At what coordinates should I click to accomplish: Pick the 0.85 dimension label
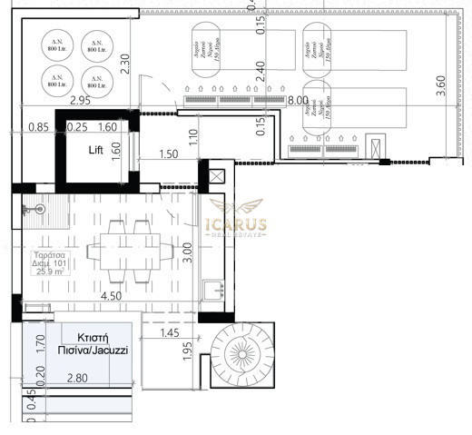click(x=37, y=128)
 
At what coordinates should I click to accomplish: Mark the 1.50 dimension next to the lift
click(x=167, y=154)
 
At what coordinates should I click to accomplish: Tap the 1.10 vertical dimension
click(x=194, y=139)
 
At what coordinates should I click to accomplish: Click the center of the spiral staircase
click(x=241, y=357)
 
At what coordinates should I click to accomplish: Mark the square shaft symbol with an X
click(x=219, y=175)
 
